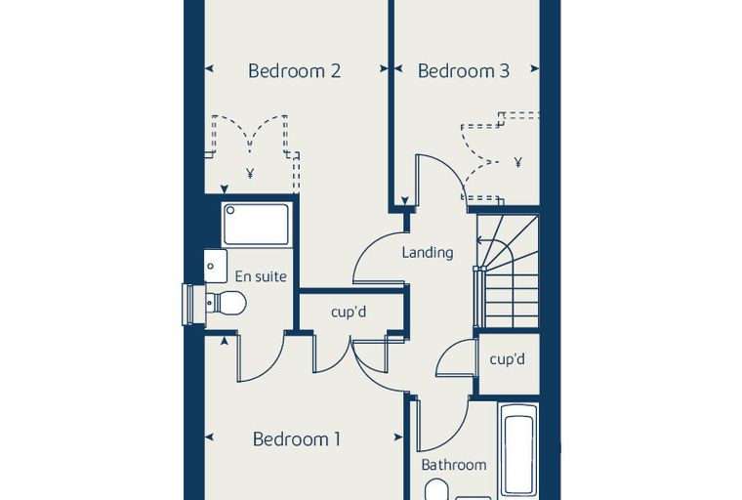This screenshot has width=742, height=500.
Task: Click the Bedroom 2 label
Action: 294,70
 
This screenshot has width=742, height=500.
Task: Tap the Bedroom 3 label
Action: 464,70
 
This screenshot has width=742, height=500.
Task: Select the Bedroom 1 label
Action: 297,438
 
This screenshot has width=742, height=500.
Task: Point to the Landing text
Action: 428,252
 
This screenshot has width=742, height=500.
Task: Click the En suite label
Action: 261,276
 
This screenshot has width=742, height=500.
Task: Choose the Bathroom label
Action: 454,465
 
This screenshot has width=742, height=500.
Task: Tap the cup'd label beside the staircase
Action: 508,359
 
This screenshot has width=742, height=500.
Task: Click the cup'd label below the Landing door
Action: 349,312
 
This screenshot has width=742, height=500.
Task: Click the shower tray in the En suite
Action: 257,225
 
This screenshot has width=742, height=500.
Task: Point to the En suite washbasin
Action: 216,266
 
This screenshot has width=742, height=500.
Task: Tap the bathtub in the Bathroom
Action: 518,452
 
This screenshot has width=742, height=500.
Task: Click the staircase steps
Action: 508,271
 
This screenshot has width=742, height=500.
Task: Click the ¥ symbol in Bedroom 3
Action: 518,162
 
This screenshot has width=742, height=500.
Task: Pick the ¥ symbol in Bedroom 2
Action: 250,173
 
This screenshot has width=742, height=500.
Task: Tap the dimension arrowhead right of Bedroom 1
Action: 398,437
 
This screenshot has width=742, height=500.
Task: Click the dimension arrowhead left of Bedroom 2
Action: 209,68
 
